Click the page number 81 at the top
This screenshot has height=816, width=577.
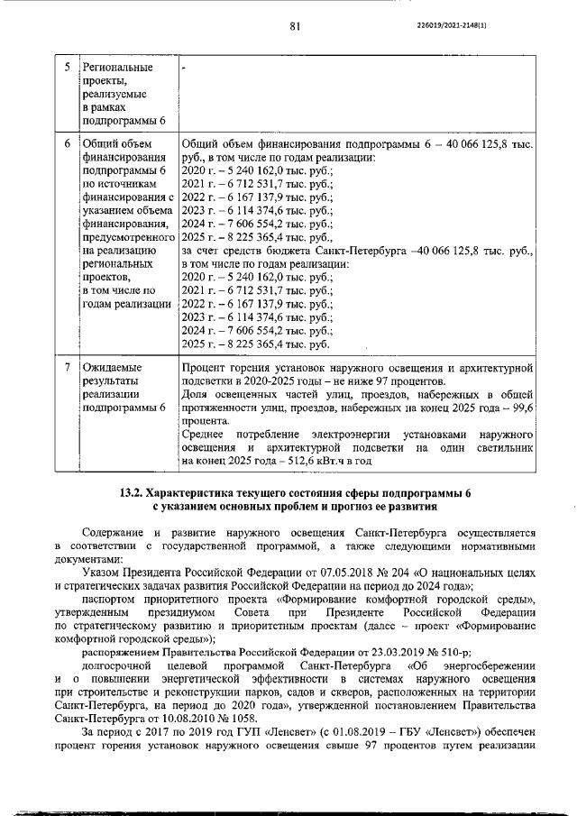(294, 26)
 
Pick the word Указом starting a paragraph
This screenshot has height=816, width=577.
(102, 572)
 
